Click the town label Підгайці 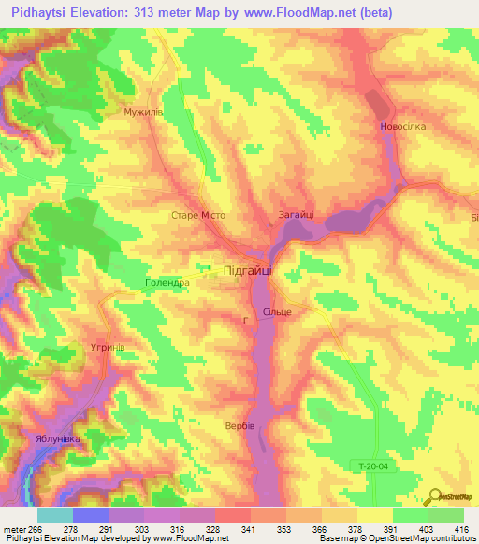249,270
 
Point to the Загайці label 296,215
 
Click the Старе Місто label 199,215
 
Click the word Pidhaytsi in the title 43,12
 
